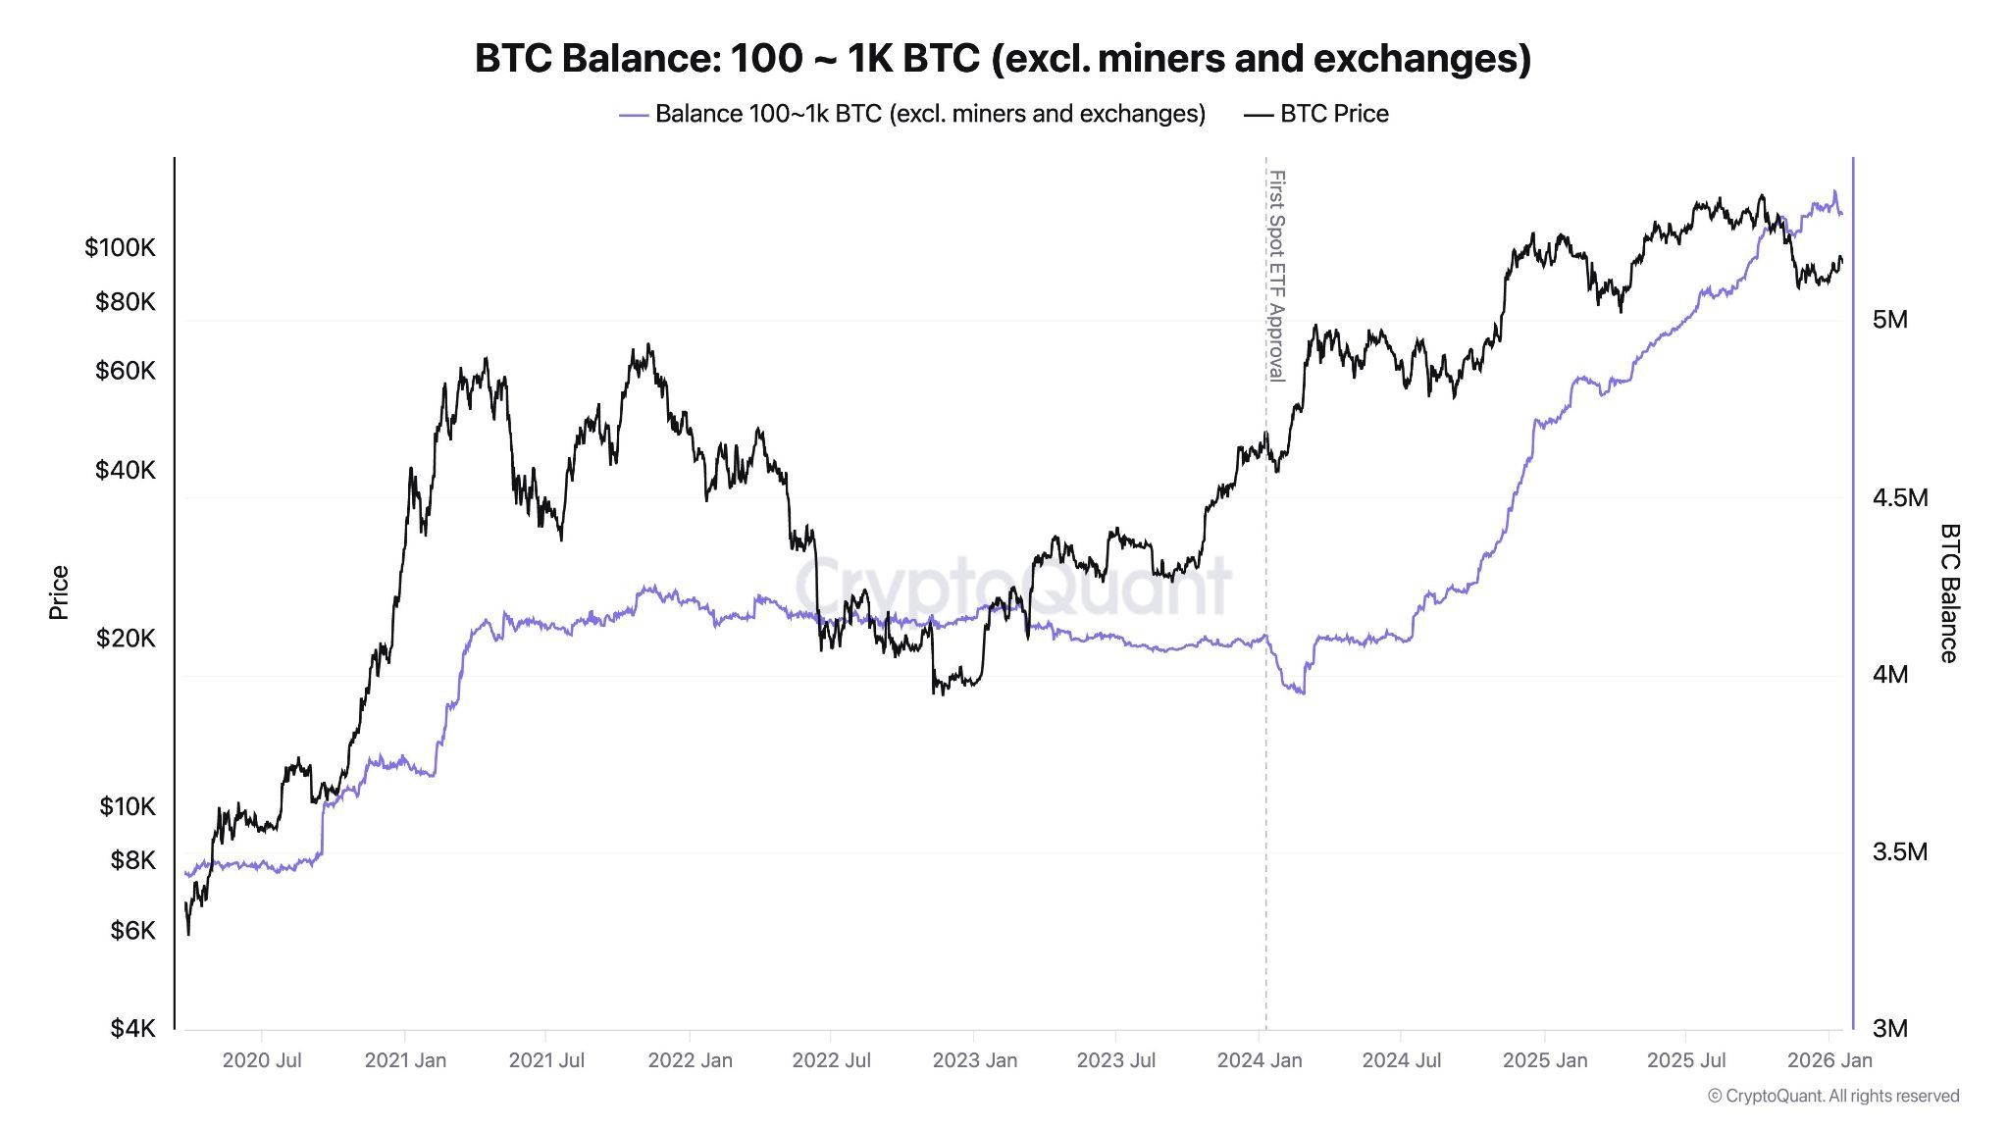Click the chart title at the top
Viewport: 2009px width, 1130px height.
[1003, 59]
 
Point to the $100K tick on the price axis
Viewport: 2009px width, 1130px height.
[120, 247]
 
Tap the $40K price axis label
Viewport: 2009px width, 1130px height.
[125, 470]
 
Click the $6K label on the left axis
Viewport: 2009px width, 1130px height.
[132, 930]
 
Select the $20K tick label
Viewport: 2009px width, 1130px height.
[125, 639]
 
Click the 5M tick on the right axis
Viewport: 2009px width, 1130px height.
[1889, 320]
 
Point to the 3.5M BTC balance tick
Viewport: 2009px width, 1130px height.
[1899, 851]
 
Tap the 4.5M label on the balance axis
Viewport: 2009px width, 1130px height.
[1899, 497]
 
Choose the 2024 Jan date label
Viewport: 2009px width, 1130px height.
[1260, 1060]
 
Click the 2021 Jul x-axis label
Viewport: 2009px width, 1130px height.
[546, 1060]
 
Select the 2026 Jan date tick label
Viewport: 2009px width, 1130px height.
[1829, 1060]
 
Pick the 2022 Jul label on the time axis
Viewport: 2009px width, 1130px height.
[832, 1060]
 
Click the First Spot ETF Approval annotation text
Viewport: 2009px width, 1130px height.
[1276, 276]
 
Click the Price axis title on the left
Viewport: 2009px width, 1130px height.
[59, 592]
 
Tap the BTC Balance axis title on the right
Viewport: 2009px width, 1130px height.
[1949, 592]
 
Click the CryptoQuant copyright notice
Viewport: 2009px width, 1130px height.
[1832, 1096]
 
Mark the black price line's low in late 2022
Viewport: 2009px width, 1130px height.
[939, 692]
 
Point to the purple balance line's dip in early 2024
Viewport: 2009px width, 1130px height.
[1300, 692]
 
